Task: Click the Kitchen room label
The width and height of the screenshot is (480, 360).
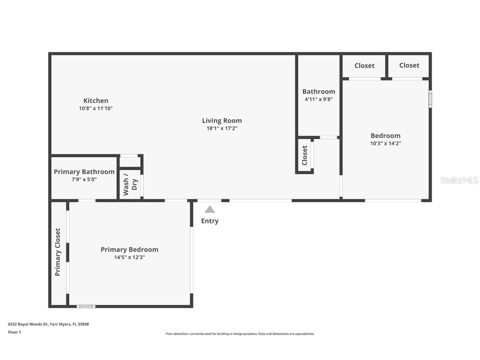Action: [x=96, y=100]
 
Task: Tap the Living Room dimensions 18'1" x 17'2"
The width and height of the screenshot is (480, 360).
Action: [x=222, y=128]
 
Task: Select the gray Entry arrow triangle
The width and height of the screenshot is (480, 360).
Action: [x=210, y=209]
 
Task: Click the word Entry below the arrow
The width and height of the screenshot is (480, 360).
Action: [x=210, y=221]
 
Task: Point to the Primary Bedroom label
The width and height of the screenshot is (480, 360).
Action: [x=129, y=250]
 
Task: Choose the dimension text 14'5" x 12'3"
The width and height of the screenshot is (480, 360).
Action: [x=129, y=257]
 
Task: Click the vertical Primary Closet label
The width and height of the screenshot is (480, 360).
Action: [x=58, y=252]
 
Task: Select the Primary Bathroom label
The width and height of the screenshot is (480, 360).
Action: [x=84, y=172]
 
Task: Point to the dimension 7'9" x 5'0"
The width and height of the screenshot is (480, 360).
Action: [x=84, y=179]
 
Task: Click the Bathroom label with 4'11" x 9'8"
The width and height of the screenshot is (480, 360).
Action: [x=318, y=92]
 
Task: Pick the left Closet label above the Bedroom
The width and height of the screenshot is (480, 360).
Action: [x=364, y=65]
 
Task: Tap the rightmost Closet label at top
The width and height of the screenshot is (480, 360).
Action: [x=409, y=65]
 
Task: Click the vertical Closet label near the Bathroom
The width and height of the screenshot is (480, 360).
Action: [x=305, y=155]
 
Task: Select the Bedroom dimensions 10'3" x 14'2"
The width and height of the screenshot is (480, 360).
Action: [x=385, y=143]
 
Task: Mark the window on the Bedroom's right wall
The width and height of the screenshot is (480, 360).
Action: [x=430, y=99]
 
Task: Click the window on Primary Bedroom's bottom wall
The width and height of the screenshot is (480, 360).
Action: [x=86, y=307]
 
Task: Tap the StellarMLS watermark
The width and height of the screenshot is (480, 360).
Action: [x=459, y=180]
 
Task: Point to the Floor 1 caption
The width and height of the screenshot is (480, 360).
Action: [x=14, y=332]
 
